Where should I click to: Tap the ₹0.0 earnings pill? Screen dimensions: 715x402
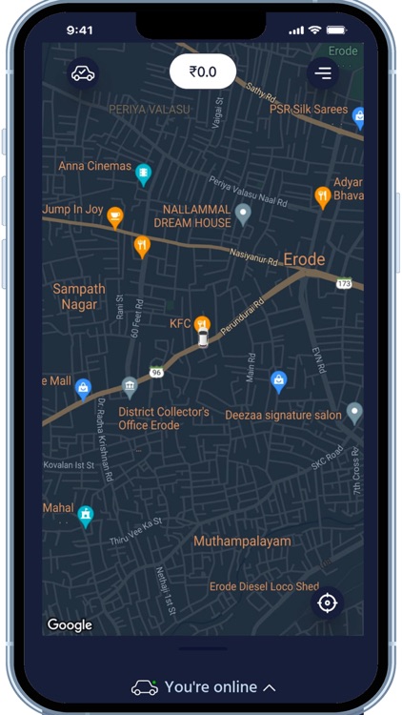pyautogui.click(x=202, y=71)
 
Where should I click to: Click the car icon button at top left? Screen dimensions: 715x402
pyautogui.click(x=83, y=72)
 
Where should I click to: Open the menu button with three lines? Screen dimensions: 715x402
pyautogui.click(x=324, y=72)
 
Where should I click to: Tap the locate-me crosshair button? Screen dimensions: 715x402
pyautogui.click(x=327, y=603)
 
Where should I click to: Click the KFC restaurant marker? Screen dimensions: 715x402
pyautogui.click(x=202, y=324)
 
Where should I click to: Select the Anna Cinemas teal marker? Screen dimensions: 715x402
pyautogui.click(x=144, y=174)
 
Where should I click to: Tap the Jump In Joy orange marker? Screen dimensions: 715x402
pyautogui.click(x=115, y=216)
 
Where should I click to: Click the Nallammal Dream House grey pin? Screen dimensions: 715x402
pyautogui.click(x=243, y=214)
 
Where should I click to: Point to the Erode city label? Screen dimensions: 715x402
pyautogui.click(x=305, y=259)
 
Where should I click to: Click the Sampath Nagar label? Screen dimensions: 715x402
pyautogui.click(x=79, y=296)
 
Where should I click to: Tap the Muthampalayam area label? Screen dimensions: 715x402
pyautogui.click(x=243, y=541)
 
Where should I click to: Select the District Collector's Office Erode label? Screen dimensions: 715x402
pyautogui.click(x=163, y=419)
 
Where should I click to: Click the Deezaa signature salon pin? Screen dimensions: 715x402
pyautogui.click(x=354, y=413)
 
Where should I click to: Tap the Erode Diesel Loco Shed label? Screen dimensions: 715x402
pyautogui.click(x=264, y=586)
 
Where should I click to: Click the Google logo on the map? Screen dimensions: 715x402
pyautogui.click(x=70, y=625)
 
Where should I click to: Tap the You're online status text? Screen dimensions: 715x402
pyautogui.click(x=211, y=686)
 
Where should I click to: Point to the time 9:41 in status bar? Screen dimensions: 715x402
pyautogui.click(x=80, y=31)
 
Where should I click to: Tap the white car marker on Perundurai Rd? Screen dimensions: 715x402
pyautogui.click(x=203, y=340)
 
